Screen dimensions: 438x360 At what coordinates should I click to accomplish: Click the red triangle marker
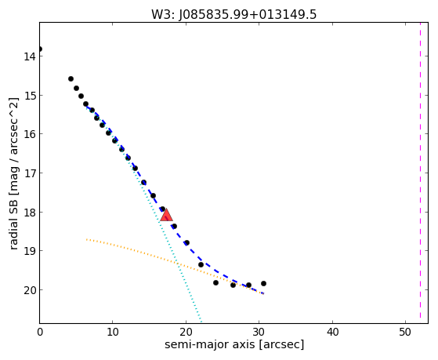166,215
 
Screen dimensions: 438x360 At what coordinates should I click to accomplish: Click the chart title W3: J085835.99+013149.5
233,15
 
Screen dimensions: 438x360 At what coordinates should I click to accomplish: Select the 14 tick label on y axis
30,56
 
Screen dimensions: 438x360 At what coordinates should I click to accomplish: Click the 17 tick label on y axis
30,173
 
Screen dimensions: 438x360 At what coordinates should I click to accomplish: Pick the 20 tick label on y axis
30,290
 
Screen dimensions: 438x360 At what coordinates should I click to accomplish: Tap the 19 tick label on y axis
30,251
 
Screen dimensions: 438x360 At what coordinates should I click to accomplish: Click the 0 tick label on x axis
40,333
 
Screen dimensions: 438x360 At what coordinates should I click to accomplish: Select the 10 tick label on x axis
113,333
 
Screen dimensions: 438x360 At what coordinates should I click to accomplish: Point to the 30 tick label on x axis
259,333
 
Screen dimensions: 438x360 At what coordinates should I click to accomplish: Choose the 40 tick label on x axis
332,333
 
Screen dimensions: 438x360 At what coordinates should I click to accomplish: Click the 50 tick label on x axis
405,333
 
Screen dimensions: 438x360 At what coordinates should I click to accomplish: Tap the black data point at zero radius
40,49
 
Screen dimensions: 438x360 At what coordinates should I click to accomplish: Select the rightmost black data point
263,283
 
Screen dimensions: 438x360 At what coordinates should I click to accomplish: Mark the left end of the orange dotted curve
87,239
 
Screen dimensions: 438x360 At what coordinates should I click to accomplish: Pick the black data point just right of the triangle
174,226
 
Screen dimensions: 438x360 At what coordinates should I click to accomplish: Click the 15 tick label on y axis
30,96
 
